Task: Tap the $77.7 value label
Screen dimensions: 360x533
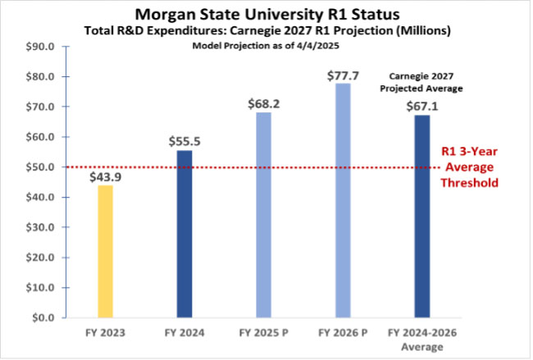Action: pyautogui.click(x=342, y=75)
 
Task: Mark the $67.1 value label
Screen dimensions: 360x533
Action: pyautogui.click(x=421, y=107)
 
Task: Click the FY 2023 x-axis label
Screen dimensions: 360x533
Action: pyautogui.click(x=104, y=334)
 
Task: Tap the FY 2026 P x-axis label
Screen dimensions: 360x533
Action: pyautogui.click(x=342, y=334)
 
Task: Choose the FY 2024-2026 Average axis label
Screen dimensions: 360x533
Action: pyautogui.click(x=421, y=339)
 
